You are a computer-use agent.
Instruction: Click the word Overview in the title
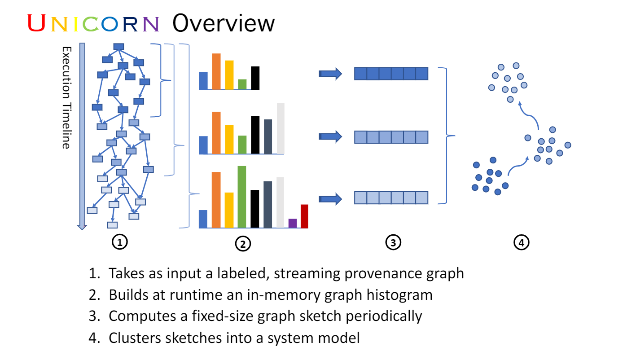pos(223,23)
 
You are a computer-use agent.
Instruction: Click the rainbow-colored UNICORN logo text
pos(93,23)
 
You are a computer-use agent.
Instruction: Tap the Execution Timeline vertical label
pos(66,97)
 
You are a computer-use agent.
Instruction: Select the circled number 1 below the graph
pos(119,242)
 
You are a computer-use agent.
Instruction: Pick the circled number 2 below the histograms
pos(242,244)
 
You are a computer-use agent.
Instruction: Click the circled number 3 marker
pos(393,243)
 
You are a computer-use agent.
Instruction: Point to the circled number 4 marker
pos(521,243)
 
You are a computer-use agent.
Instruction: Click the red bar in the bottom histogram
pos(304,216)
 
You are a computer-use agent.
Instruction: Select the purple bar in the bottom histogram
pos(293,223)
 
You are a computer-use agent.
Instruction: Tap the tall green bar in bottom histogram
pos(242,197)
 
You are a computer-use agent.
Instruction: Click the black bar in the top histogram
pos(255,78)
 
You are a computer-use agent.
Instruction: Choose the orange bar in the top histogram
pos(216,72)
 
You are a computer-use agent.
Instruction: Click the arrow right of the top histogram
pos(330,74)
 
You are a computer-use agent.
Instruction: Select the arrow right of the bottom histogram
pos(330,199)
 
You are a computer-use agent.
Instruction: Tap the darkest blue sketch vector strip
pos(391,74)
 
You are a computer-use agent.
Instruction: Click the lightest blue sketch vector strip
pos(391,198)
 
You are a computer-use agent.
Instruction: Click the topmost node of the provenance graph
pos(118,47)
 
